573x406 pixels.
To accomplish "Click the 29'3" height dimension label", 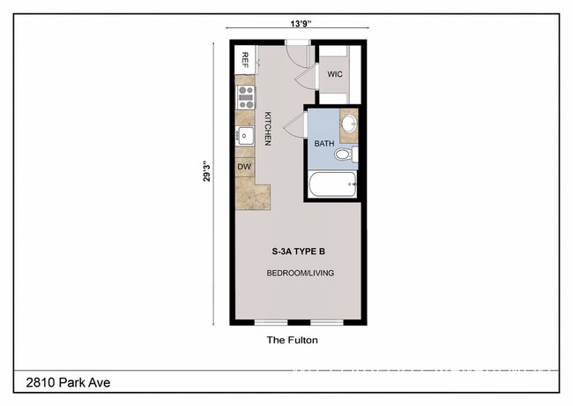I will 206,170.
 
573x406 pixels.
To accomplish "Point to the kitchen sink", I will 244,136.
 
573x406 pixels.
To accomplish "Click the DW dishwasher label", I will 244,166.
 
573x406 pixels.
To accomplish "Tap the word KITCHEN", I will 267,128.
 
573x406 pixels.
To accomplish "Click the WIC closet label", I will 335,75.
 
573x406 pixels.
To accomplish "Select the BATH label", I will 324,143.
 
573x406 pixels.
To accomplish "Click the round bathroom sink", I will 349,123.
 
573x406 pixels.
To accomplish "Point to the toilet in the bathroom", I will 344,155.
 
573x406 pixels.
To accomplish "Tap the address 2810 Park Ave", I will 63,382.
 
